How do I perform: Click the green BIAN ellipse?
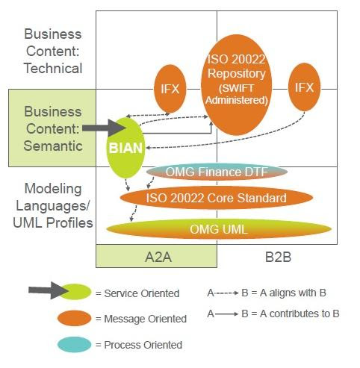coord(124,147)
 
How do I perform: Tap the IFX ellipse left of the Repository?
coord(170,89)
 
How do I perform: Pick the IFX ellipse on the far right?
coord(303,87)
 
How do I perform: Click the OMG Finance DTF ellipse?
coord(216,172)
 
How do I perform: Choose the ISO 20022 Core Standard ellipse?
coord(216,198)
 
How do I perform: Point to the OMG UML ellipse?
coord(218,229)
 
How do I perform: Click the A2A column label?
coord(156,255)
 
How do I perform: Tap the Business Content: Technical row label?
coord(52,52)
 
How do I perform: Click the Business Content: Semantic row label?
coord(52,128)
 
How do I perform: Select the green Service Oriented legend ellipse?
coord(75,292)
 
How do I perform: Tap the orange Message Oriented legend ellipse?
coord(75,318)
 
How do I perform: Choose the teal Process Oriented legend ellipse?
coord(75,344)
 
